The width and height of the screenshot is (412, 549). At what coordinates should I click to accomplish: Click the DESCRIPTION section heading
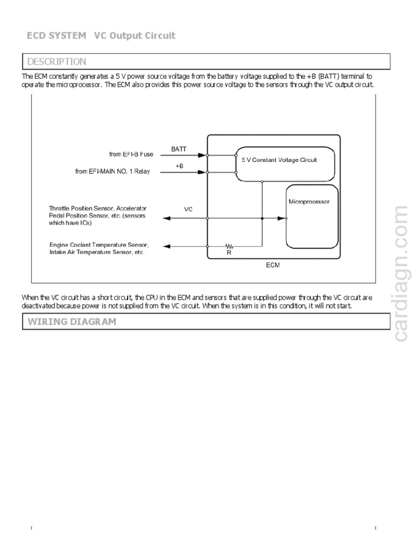point(56,62)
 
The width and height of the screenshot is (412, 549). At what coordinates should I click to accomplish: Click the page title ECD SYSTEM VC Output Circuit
point(101,35)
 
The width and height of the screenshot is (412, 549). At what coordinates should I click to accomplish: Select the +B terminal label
point(179,166)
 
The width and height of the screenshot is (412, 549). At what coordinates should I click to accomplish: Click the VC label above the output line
point(188,210)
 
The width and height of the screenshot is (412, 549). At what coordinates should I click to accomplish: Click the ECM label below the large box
point(273,265)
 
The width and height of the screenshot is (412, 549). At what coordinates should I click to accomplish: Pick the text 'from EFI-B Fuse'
point(131,154)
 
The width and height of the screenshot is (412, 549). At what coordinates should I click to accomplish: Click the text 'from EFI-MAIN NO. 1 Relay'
point(113,172)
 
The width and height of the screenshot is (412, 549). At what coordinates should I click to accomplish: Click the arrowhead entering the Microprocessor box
point(282,218)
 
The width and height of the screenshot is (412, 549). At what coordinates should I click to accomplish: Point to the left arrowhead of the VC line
point(166,218)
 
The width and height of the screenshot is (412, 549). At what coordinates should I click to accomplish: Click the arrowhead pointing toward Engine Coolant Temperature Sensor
point(166,246)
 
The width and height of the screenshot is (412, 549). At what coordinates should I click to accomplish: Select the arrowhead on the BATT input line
point(202,155)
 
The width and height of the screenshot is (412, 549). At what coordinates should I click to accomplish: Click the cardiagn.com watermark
point(401,273)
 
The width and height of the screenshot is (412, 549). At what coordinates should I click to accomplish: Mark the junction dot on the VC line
point(262,218)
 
